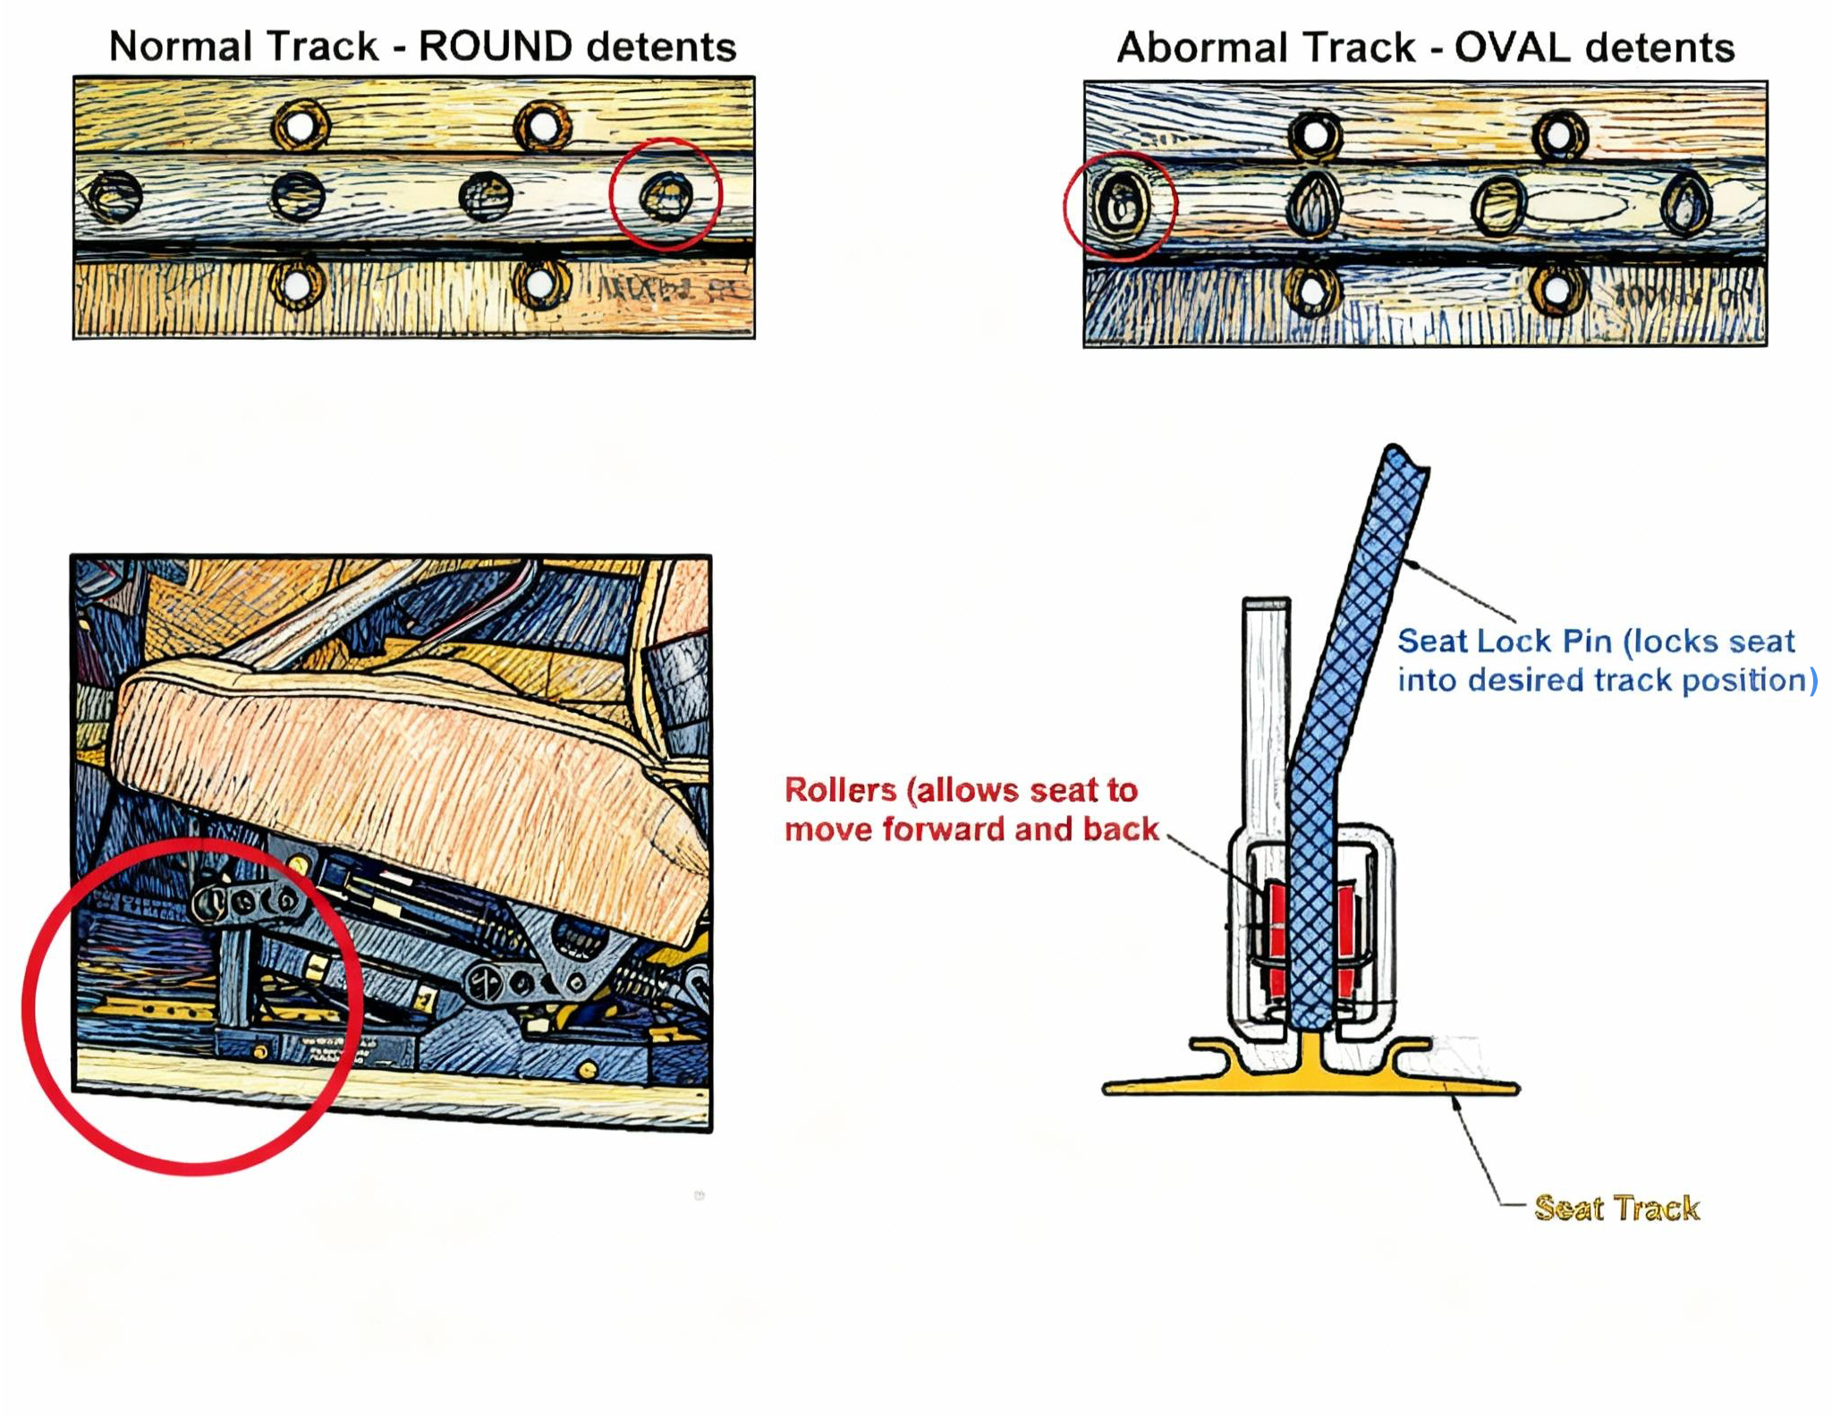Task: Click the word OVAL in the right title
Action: [1512, 47]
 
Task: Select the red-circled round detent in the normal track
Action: [666, 195]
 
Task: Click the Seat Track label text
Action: [1616, 1208]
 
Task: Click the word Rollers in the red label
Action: [840, 790]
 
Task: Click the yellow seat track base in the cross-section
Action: [1310, 1083]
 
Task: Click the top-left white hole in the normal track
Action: [301, 126]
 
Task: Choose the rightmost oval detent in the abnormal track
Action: [1686, 206]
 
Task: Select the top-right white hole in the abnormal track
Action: [1560, 136]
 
